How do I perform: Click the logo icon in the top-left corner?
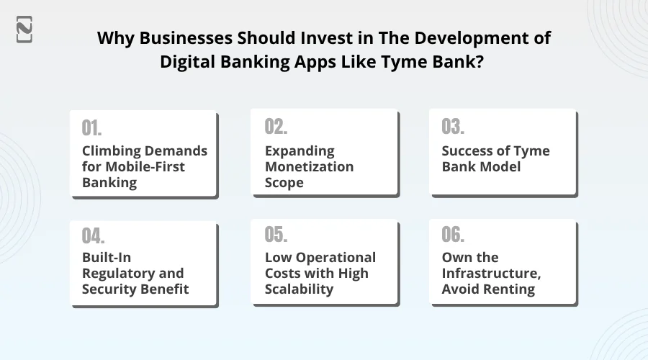coord(24,30)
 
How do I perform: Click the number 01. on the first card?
coord(91,127)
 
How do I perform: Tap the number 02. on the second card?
coord(276,127)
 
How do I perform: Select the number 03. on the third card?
coord(453,127)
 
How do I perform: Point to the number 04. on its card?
coord(93,236)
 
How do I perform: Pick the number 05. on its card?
coord(276,234)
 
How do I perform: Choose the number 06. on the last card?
coord(453,234)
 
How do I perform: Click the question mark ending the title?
coord(480,62)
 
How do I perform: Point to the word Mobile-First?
coord(145,166)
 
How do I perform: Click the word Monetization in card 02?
coord(309,166)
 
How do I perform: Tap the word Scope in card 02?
coord(284,183)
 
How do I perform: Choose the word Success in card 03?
coord(467,151)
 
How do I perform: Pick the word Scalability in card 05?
coord(300,289)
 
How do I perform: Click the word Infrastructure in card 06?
coord(491,273)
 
